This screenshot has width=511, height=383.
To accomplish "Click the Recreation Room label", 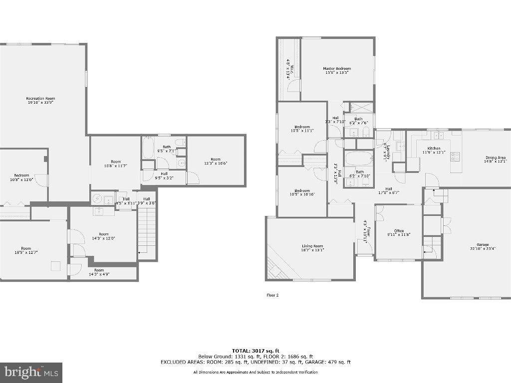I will (40, 98).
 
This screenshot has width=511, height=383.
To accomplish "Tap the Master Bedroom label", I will (337, 69).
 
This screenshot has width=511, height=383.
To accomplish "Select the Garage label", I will (482, 245).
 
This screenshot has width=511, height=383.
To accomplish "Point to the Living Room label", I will (312, 246).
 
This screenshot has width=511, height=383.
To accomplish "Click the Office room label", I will (399, 231).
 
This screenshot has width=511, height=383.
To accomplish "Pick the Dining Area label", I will (495, 158).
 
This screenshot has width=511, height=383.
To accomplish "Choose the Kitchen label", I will (434, 148).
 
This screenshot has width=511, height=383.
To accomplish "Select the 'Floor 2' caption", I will (272, 295).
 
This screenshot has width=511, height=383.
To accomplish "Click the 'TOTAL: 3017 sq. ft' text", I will (255, 351).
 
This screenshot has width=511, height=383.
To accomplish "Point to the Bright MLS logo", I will (31, 372).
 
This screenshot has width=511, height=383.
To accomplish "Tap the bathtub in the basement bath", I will (149, 148).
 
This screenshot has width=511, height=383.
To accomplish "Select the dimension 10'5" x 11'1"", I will (302, 131).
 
